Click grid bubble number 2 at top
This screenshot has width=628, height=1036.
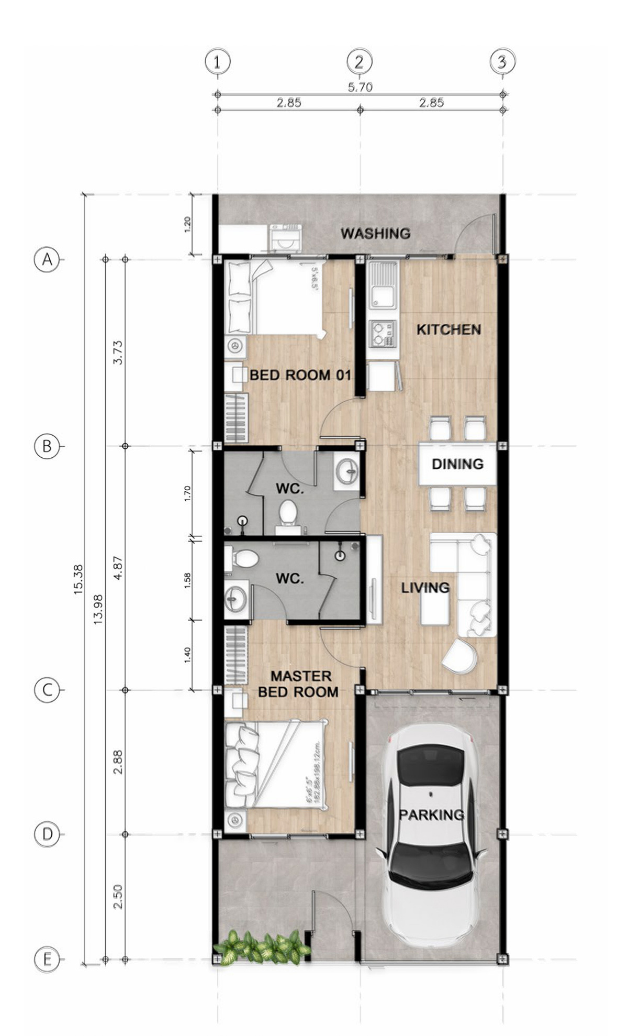(x=360, y=62)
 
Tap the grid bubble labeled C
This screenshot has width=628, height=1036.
(x=47, y=690)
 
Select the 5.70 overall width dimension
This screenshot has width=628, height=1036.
(x=360, y=87)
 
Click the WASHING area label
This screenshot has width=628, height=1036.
(x=375, y=234)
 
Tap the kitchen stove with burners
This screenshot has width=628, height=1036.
(x=382, y=334)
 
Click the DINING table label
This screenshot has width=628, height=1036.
(x=457, y=464)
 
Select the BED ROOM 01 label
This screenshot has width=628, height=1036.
(x=300, y=375)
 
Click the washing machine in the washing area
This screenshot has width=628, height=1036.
(x=285, y=239)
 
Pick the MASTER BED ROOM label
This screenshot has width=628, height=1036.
(x=298, y=684)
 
